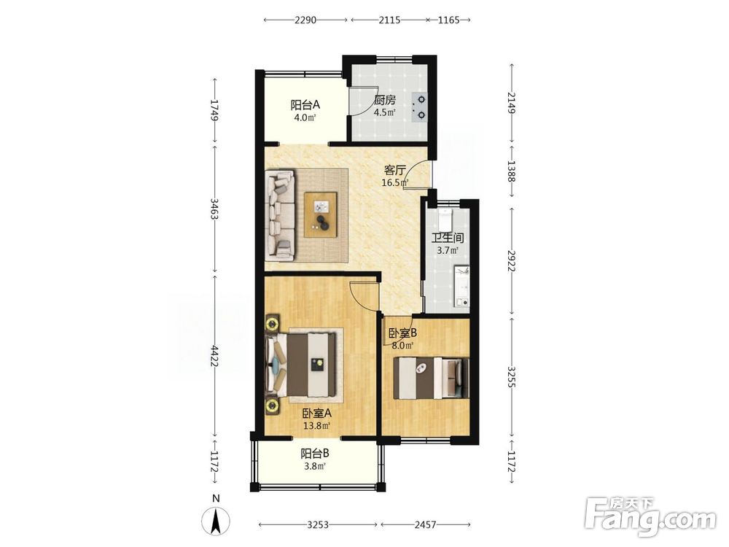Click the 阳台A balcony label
[x=305, y=104]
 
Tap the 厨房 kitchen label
[x=384, y=100]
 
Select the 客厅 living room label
[x=394, y=170]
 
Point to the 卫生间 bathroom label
[x=448, y=238]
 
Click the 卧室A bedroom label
[x=317, y=413]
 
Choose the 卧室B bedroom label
[x=402, y=333]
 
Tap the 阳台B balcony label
[x=315, y=453]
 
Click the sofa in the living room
[x=281, y=214]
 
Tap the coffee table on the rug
[x=321, y=214]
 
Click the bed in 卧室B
[x=431, y=378]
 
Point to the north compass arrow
[x=216, y=521]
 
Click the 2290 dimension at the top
[x=305, y=20]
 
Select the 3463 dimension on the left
[x=214, y=209]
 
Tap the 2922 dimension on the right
[x=512, y=261]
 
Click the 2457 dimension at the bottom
[x=426, y=524]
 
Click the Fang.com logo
[x=650, y=516]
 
